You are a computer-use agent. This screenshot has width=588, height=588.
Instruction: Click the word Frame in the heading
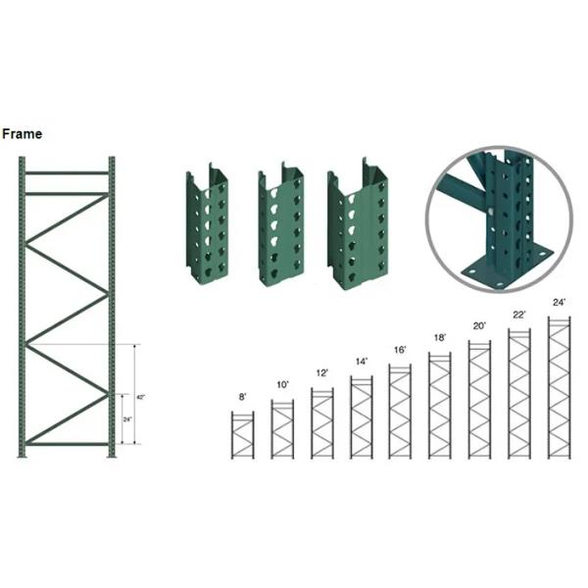[x=22, y=134]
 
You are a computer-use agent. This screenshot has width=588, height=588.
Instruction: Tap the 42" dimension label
[x=140, y=397]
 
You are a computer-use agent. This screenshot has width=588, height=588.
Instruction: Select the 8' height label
[x=241, y=398]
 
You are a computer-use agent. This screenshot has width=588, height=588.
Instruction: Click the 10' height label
[x=283, y=385]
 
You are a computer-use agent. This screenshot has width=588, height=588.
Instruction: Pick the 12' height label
[x=322, y=373]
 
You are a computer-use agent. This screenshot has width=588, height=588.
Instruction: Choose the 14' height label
[x=362, y=362]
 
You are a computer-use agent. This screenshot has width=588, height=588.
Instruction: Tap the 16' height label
[x=400, y=350]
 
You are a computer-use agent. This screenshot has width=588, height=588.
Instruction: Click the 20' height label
[x=479, y=325]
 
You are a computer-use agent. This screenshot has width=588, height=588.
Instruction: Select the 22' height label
[x=517, y=314]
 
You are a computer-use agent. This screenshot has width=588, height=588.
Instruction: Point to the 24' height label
[x=559, y=302]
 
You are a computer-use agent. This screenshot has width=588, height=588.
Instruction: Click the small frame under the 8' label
[x=242, y=434]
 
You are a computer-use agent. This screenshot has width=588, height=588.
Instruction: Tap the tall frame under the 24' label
[x=559, y=387]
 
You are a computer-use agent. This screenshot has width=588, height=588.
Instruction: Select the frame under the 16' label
[x=401, y=411]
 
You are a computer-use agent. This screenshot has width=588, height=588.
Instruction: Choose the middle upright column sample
[x=277, y=227]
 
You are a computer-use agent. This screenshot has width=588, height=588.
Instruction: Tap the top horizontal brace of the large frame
[x=67, y=173]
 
